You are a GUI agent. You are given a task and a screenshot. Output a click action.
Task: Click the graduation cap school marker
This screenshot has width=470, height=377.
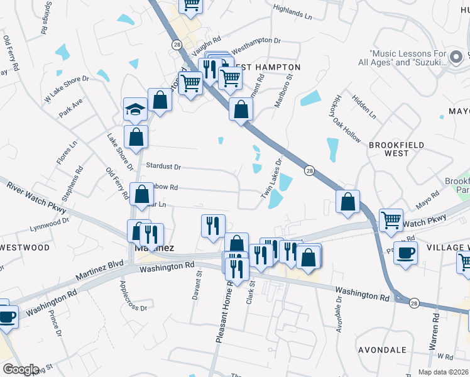135,110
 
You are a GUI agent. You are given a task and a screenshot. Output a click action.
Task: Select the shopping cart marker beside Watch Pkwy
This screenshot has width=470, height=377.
391,220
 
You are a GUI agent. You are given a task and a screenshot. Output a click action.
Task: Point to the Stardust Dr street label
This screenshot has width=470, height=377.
163,167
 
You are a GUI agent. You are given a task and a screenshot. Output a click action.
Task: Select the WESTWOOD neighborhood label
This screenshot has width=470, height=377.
25,248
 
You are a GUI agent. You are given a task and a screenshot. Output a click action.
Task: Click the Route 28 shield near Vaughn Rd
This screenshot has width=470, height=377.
177,45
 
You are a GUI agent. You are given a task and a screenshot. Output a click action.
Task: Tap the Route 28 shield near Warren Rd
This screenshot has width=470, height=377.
413,303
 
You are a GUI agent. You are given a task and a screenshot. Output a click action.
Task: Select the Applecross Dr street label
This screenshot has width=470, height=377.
133,295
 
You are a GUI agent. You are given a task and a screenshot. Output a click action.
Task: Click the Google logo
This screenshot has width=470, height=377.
21,369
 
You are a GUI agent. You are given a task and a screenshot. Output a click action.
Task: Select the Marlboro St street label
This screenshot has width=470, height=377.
283,92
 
